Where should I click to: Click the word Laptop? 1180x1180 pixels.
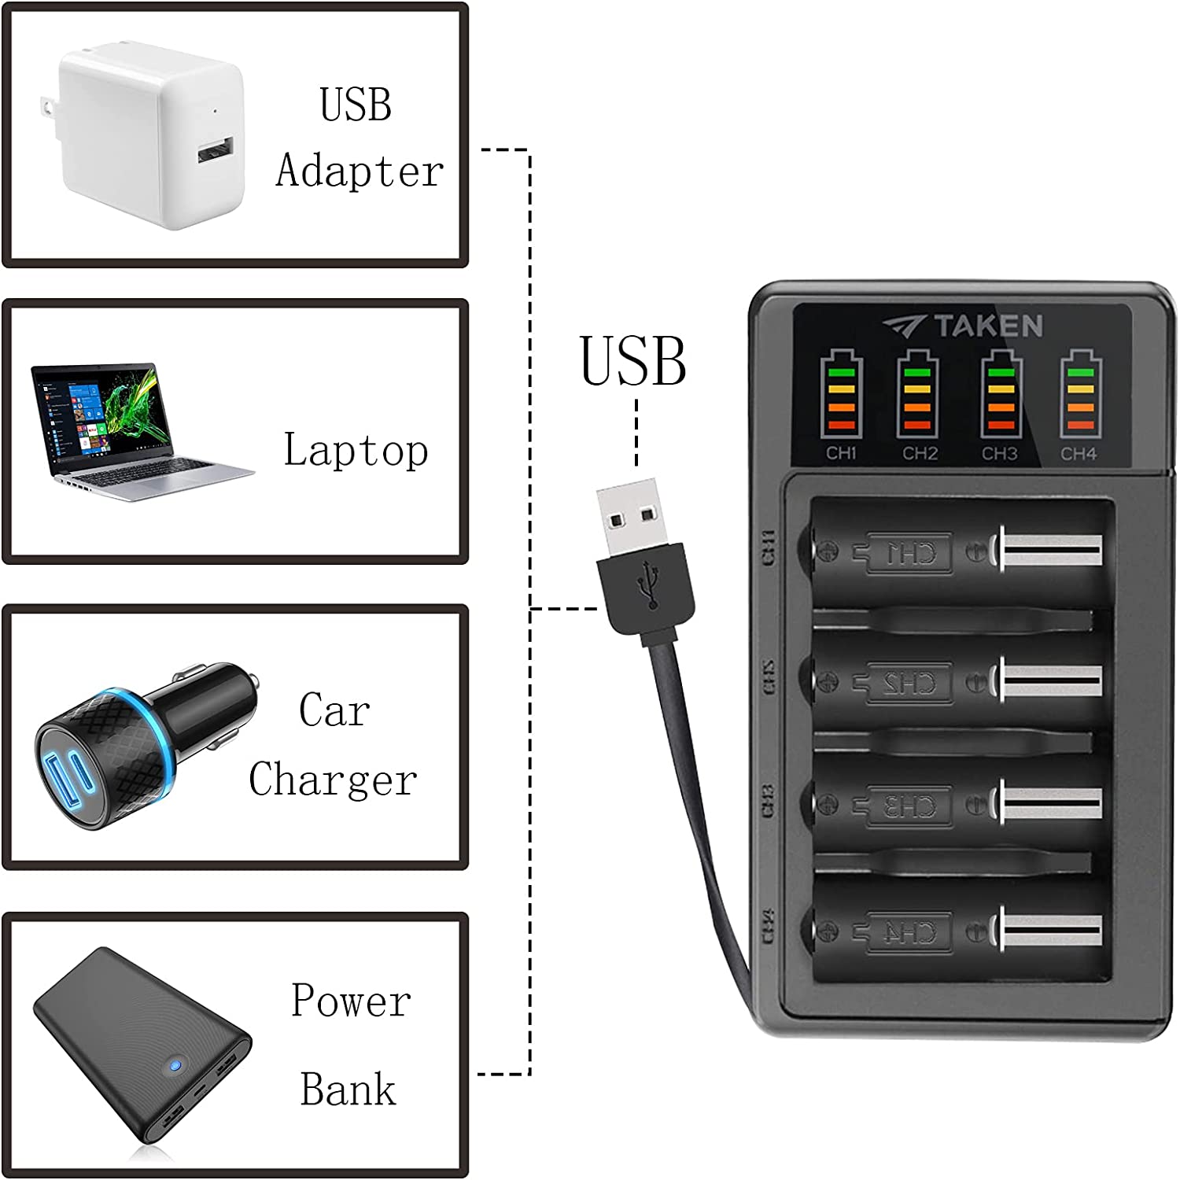click(356, 451)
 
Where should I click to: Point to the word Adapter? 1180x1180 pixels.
click(360, 171)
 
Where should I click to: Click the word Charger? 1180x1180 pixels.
click(333, 780)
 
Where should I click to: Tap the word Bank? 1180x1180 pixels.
click(348, 1090)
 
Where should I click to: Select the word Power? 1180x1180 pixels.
click(351, 1001)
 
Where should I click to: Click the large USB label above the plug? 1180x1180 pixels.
click(633, 362)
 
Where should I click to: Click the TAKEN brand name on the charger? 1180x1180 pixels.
click(988, 326)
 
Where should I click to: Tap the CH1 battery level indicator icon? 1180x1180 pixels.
click(841, 396)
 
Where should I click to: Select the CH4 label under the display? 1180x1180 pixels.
click(1078, 454)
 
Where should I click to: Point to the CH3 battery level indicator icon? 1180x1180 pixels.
click(1000, 396)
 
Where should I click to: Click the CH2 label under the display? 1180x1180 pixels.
click(920, 454)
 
